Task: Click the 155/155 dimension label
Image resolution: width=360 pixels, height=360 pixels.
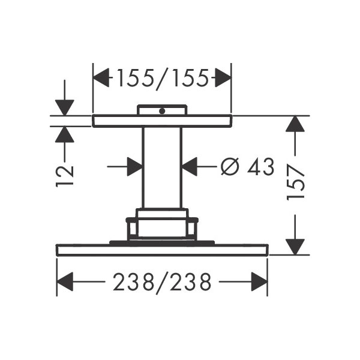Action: tap(163, 79)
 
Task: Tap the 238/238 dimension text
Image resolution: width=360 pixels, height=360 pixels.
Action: tap(162, 283)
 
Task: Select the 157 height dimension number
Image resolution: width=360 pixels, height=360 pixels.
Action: tap(296, 182)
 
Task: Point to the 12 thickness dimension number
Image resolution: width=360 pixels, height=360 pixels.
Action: tap(65, 176)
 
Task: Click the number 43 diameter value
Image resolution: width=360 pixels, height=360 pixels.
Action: tap(260, 167)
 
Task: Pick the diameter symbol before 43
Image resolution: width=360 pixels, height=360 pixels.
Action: tap(230, 166)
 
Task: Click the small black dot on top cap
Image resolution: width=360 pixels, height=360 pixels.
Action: tap(162, 111)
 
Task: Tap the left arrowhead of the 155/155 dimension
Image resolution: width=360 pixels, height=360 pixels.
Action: tap(101, 77)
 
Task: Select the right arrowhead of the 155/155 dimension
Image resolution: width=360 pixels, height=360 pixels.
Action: tap(223, 77)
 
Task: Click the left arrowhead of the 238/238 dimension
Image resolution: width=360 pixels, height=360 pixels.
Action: tap(65, 282)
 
